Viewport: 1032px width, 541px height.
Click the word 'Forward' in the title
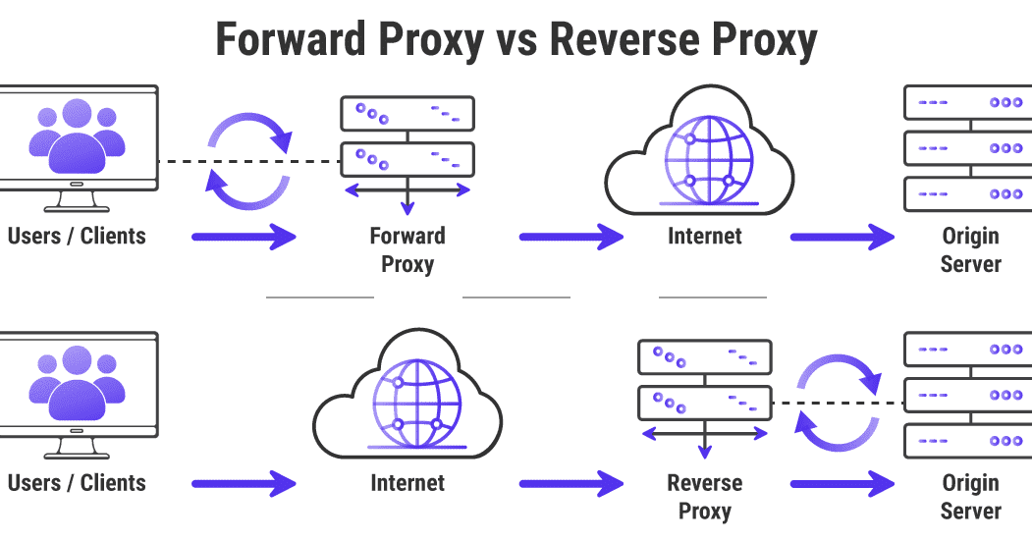[x=291, y=39]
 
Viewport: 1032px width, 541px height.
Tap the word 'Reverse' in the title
[x=625, y=39]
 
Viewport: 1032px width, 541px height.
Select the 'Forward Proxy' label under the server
[x=407, y=250]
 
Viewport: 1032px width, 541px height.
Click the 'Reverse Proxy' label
[x=705, y=497]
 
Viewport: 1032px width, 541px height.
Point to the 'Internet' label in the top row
[x=705, y=236]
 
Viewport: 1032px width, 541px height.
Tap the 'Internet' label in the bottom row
[x=407, y=482]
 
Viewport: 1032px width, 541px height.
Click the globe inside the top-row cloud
[x=709, y=160]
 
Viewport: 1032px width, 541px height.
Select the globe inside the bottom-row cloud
[x=416, y=404]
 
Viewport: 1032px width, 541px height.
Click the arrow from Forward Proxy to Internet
[x=571, y=237]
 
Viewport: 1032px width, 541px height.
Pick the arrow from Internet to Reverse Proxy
[x=571, y=483]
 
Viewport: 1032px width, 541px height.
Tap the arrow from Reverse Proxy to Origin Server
[x=842, y=483]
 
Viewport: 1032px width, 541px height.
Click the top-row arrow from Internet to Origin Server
[x=842, y=237]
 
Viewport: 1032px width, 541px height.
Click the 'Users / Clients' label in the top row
[x=77, y=236]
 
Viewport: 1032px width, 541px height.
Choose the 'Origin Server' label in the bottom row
[x=971, y=497]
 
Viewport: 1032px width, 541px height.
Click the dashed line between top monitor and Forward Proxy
[x=249, y=161]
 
